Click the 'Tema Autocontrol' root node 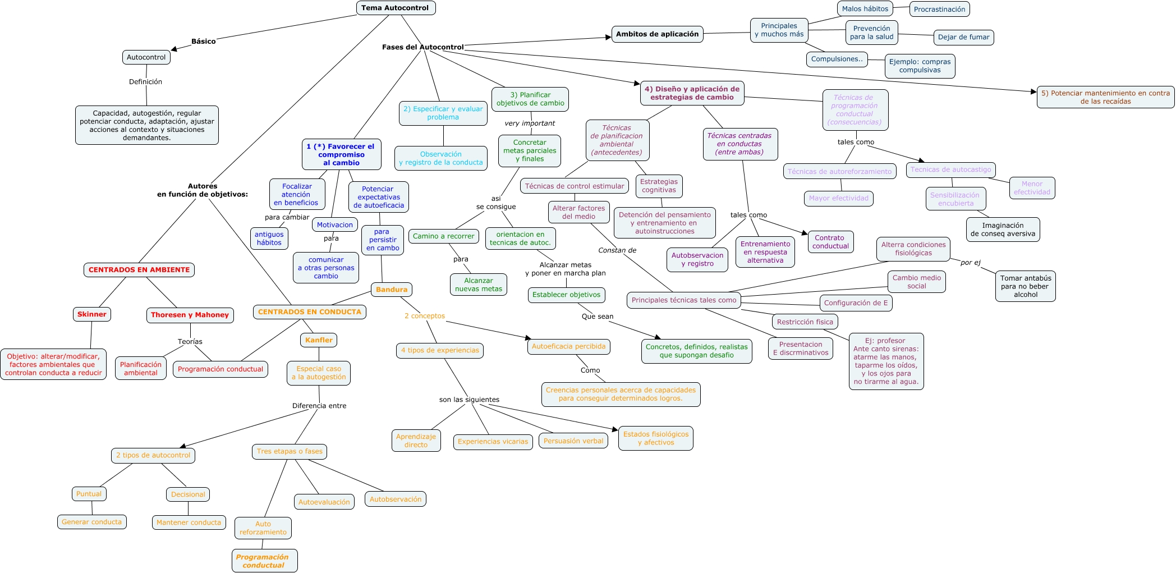396,8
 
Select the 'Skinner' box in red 92,314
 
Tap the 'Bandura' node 392,290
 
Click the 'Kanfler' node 319,340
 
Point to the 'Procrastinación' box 939,10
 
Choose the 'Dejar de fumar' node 963,38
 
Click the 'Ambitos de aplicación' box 657,34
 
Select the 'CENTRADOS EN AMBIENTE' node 139,270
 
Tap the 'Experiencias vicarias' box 493,442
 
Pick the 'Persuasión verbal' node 573,441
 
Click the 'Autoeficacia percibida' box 568,347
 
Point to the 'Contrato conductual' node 830,242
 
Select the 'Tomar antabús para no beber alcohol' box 1025,286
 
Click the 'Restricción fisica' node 805,322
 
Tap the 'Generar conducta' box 91,522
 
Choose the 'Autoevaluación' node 324,502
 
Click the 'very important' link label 529,123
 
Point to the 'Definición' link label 145,82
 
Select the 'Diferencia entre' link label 319,406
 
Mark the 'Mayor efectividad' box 838,198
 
